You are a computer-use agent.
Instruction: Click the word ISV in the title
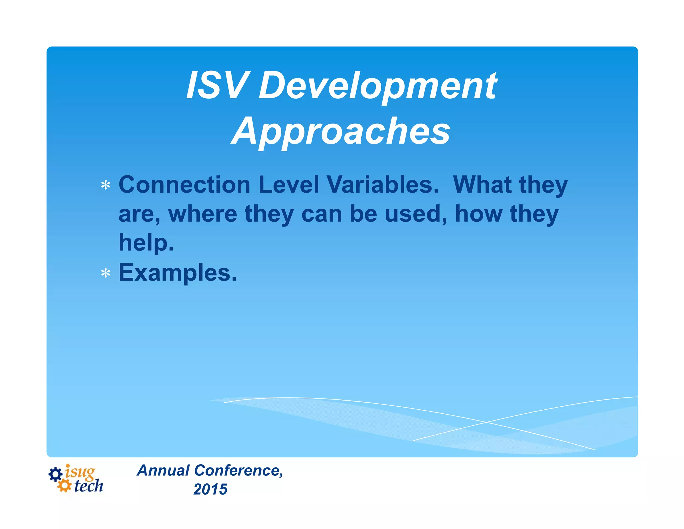click(x=217, y=86)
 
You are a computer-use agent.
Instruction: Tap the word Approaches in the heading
click(x=341, y=132)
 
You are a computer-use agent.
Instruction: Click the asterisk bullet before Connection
click(x=106, y=185)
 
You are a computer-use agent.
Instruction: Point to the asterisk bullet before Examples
click(x=106, y=273)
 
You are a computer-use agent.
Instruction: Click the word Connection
click(x=184, y=185)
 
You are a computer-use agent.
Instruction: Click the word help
click(x=146, y=243)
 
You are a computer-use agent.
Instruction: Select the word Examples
click(x=177, y=273)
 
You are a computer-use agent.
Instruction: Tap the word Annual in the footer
click(x=164, y=471)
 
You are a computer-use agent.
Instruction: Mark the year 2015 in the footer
click(x=210, y=490)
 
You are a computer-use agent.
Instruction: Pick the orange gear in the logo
click(x=64, y=486)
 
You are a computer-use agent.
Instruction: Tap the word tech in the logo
click(x=89, y=486)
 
